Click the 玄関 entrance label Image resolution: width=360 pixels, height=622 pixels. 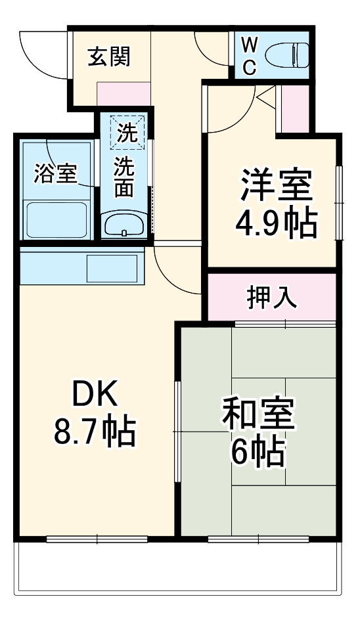point(110,56)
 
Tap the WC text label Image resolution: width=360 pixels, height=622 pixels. point(249,56)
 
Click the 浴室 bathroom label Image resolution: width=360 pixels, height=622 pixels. point(55,174)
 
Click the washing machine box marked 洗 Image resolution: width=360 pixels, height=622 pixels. point(125,133)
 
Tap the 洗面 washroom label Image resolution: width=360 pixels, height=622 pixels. point(124,177)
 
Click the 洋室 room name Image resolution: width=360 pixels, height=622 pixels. point(275,187)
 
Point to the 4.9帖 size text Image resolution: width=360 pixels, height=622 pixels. point(275,224)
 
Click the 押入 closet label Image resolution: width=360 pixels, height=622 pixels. point(272,297)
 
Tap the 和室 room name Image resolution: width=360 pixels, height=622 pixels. point(258,414)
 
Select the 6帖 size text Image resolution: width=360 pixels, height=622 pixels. point(258,452)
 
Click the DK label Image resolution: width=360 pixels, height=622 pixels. point(94,396)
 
